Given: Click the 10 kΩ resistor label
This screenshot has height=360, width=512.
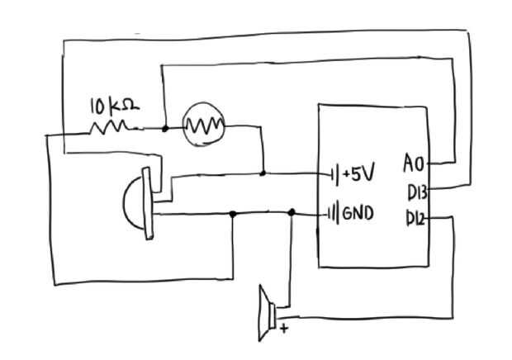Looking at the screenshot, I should pyautogui.click(x=114, y=107).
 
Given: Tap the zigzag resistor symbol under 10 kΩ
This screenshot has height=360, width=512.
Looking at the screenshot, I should pyautogui.click(x=110, y=127).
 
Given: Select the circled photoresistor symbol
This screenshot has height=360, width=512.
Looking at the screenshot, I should pyautogui.click(x=203, y=126).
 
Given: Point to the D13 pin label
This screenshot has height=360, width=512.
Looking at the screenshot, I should pyautogui.click(x=416, y=192).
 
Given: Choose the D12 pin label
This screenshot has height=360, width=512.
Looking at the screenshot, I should pyautogui.click(x=416, y=220).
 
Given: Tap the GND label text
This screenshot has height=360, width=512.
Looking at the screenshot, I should pyautogui.click(x=358, y=214).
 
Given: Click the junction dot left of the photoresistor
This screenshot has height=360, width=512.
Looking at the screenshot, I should pyautogui.click(x=165, y=128).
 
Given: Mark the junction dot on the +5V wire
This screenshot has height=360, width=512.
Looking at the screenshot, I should pyautogui.click(x=263, y=173).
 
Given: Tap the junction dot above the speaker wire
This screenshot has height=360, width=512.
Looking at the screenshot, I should pyautogui.click(x=292, y=213).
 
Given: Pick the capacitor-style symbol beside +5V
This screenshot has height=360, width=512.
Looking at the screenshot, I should pyautogui.click(x=333, y=174).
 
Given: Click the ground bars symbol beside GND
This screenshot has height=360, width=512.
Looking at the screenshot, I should pyautogui.click(x=334, y=214).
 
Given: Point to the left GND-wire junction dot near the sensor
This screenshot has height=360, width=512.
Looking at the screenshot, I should pyautogui.click(x=233, y=214).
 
